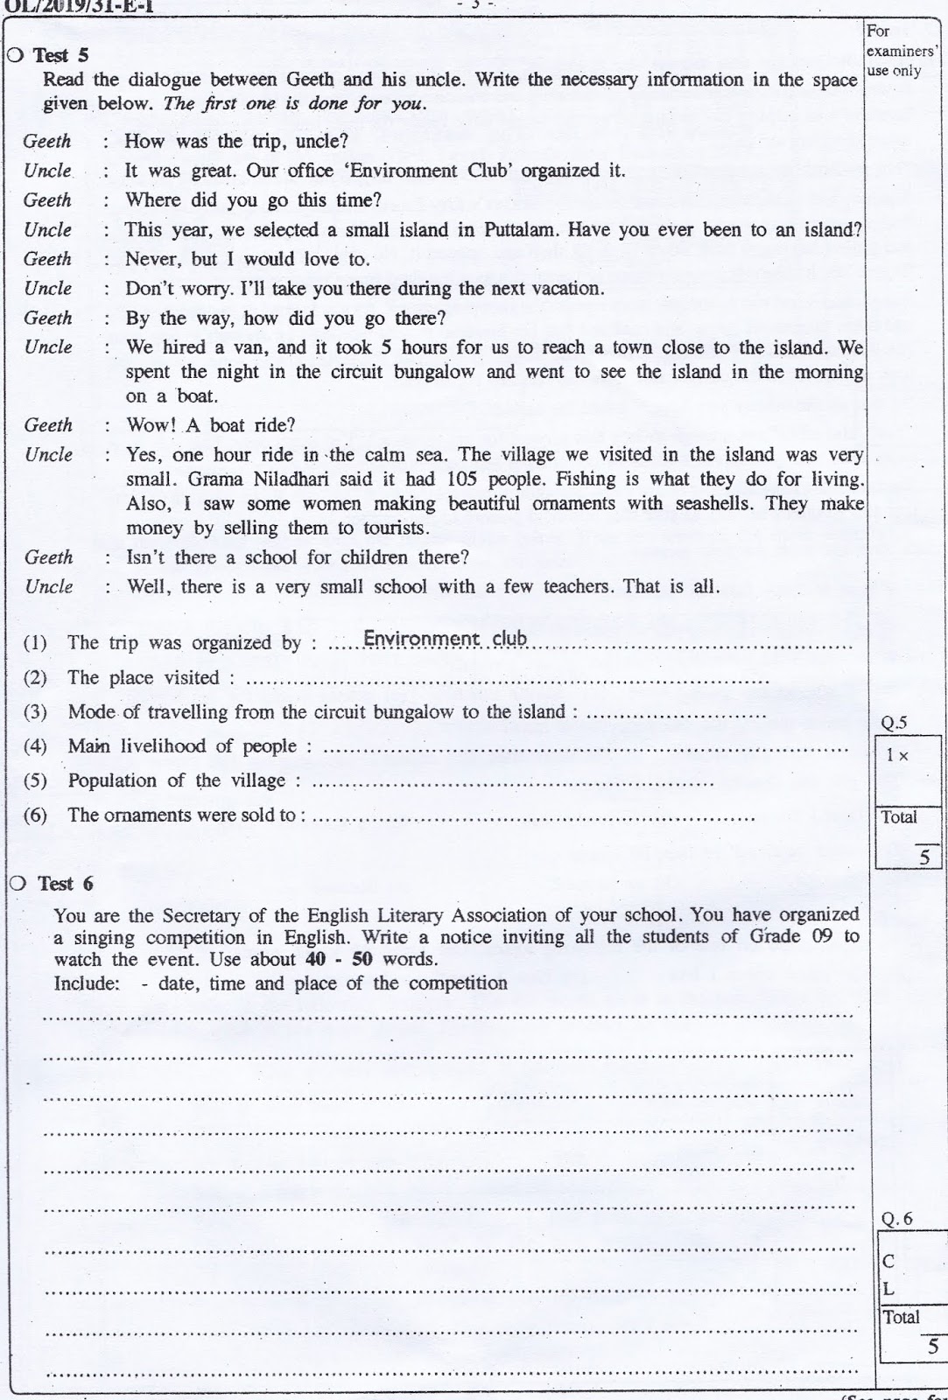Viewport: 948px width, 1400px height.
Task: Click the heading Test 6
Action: point(64,883)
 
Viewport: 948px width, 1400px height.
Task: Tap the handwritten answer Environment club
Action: point(445,639)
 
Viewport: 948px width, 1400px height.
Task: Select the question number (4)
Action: point(34,746)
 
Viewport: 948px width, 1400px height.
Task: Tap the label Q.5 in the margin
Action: point(894,723)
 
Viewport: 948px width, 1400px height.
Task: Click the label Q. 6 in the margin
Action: point(896,1219)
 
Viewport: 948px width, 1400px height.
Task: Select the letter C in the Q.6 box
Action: point(888,1262)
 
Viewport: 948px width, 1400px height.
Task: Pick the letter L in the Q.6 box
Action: point(888,1289)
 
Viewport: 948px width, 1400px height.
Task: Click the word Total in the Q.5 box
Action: point(899,817)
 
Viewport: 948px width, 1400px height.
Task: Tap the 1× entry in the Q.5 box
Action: point(896,755)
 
